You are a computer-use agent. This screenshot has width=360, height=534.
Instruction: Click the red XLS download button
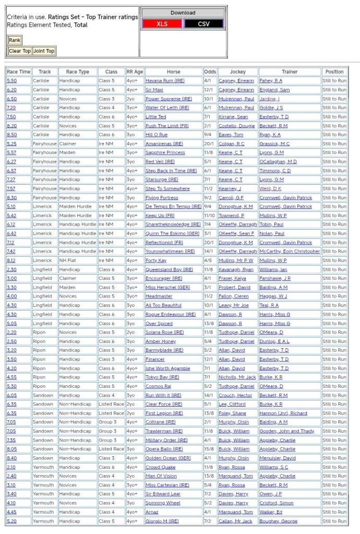[x=162, y=24]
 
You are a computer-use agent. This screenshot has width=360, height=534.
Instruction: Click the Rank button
[x=15, y=40]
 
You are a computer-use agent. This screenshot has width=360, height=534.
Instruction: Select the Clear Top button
[x=20, y=51]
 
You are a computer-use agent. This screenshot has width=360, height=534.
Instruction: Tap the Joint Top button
[x=44, y=51]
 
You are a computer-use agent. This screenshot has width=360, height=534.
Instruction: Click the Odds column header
[x=210, y=72]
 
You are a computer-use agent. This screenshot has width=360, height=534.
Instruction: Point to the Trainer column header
[x=290, y=72]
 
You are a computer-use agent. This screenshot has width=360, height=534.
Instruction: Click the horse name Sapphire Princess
[x=165, y=152]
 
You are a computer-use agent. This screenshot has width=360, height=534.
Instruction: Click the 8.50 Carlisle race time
[x=11, y=135]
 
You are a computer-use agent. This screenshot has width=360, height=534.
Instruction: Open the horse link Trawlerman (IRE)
[x=164, y=431]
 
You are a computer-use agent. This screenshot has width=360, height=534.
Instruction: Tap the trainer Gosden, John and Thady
[x=286, y=431]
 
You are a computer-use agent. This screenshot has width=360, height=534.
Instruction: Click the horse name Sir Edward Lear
[x=163, y=494]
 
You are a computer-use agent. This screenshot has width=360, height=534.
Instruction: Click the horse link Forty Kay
[x=155, y=260]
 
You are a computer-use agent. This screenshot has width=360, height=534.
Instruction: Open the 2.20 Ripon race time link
[x=11, y=332]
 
